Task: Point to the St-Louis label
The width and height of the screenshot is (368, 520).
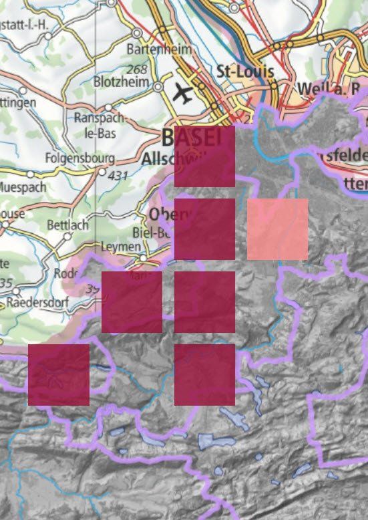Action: coord(241,71)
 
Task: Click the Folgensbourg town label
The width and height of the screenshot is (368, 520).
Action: coord(79,159)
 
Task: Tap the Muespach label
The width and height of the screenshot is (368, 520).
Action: coord(23,186)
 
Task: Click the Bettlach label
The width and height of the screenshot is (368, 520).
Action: coord(67,225)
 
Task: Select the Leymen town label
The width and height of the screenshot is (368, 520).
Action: coord(118,247)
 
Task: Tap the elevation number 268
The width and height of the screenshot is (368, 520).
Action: coord(136,70)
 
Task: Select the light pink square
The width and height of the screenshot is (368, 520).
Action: coord(277,229)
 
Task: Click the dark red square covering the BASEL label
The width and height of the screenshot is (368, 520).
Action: coord(204,156)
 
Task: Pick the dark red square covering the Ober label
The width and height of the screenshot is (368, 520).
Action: coord(204,229)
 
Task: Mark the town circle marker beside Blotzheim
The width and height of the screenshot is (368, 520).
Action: coord(158,87)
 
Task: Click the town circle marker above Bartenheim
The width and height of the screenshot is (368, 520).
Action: coord(137,32)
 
